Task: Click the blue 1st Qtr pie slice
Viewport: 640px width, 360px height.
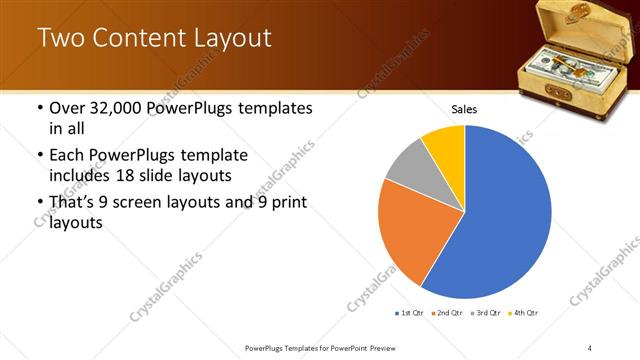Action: click(x=500, y=220)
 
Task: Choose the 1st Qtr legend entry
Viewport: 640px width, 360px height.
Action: click(x=410, y=313)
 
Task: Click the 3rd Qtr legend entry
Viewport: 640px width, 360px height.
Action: click(x=487, y=313)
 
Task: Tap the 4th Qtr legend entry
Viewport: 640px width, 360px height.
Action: click(x=524, y=313)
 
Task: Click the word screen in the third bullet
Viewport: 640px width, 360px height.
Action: click(x=154, y=203)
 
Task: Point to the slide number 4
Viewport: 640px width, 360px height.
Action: click(x=590, y=347)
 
